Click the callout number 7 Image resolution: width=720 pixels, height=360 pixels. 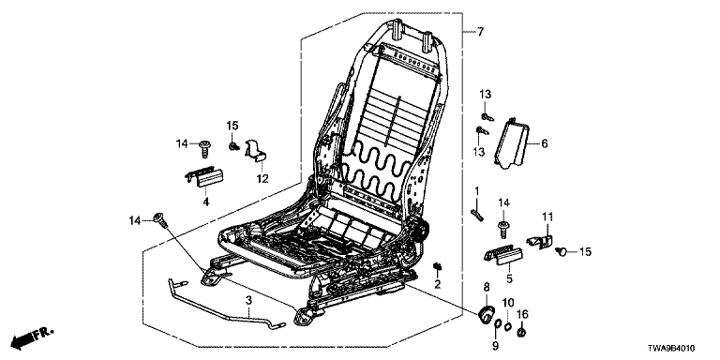(x=480, y=32)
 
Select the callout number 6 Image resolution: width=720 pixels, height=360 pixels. (x=545, y=143)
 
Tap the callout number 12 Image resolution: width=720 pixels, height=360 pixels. (x=262, y=178)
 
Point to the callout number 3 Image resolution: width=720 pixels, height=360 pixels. (x=248, y=301)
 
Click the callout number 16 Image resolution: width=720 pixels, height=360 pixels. (x=522, y=314)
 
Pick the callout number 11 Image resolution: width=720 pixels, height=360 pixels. (x=547, y=216)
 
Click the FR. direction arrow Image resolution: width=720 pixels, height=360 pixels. (x=32, y=338)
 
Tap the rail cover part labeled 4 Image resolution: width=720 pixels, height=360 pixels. (x=203, y=178)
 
